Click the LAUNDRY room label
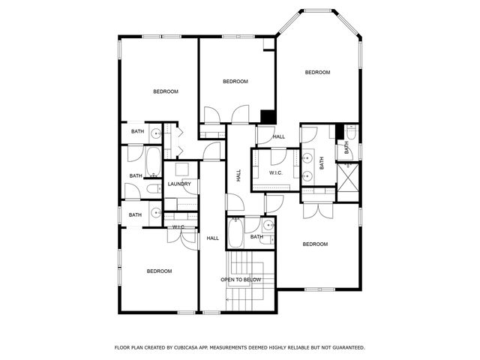[x=179, y=184]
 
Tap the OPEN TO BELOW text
[x=241, y=280]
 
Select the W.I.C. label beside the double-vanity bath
[x=275, y=173]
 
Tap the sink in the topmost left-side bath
[x=155, y=133]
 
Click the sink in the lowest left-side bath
[x=155, y=214]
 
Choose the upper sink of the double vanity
[x=307, y=158]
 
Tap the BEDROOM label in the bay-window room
[x=317, y=73]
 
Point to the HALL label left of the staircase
[x=213, y=238]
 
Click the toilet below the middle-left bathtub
[x=154, y=188]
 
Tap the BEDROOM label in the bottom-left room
[x=159, y=271]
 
